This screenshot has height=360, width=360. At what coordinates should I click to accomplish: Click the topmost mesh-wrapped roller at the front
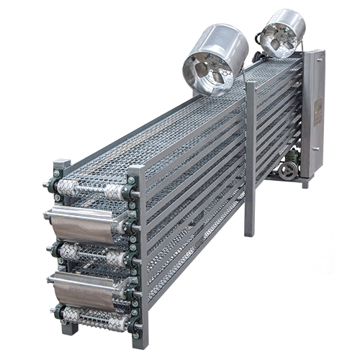89,189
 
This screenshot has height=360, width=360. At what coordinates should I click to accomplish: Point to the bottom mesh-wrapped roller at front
94,317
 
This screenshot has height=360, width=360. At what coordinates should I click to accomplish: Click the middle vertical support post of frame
250,158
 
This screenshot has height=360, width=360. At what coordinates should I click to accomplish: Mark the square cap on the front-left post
62,164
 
